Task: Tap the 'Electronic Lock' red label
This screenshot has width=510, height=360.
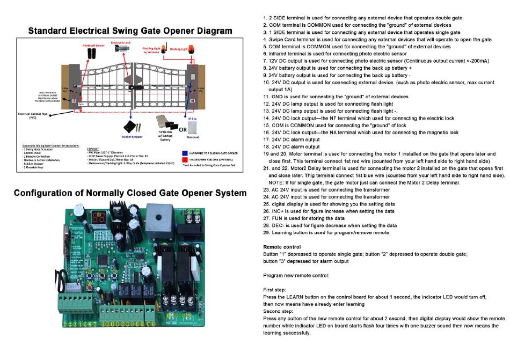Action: pos(121,42)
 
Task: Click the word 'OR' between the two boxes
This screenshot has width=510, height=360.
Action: pos(183,129)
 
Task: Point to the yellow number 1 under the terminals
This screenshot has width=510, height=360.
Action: pos(65,324)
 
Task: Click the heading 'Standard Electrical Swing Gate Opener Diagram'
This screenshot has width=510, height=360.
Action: pos(130,31)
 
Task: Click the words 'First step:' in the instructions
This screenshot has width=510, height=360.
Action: pos(275,289)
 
